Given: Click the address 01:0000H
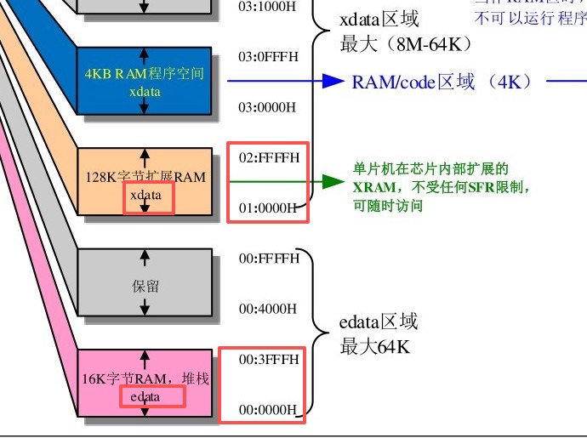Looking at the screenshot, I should point(267,207).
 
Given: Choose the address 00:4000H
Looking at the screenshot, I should point(267,308).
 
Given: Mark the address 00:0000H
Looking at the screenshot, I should point(267,410).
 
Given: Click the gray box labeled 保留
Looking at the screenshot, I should point(145,286).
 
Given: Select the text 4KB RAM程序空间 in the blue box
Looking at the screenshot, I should point(145,74).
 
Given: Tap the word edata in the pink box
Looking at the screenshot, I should point(145,396).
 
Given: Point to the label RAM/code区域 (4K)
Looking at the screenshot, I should point(442,82).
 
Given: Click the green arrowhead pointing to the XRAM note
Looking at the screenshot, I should point(333,181).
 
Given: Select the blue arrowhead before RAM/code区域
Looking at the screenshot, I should point(333,81).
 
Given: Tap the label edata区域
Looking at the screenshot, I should point(379,322).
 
